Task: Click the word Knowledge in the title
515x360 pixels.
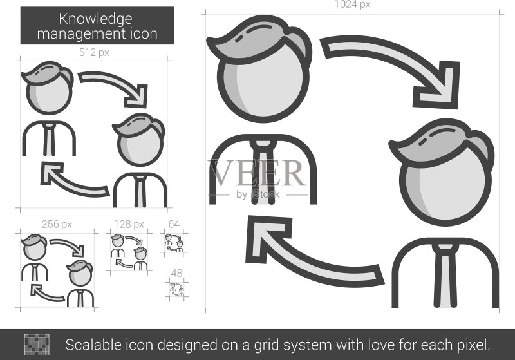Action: [95, 19]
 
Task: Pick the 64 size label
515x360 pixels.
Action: [174, 224]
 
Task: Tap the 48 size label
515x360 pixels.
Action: [176, 273]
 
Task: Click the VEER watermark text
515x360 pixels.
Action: [257, 173]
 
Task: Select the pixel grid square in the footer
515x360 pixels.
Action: [37, 345]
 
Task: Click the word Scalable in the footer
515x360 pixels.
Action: [93, 345]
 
